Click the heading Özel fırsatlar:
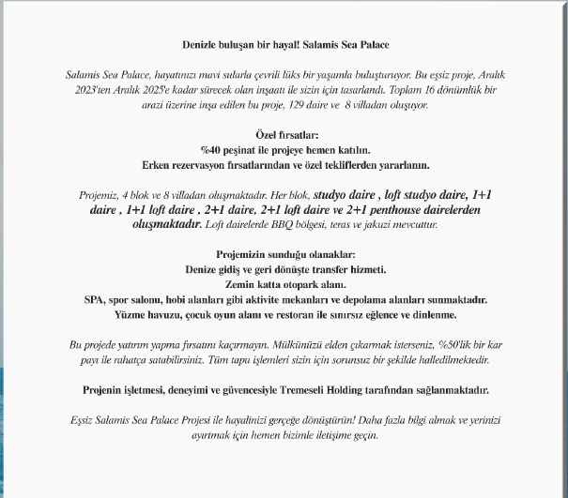[x=284, y=135]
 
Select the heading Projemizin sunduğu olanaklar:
[x=284, y=254]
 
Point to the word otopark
[x=289, y=284]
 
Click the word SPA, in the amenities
[x=93, y=299]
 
